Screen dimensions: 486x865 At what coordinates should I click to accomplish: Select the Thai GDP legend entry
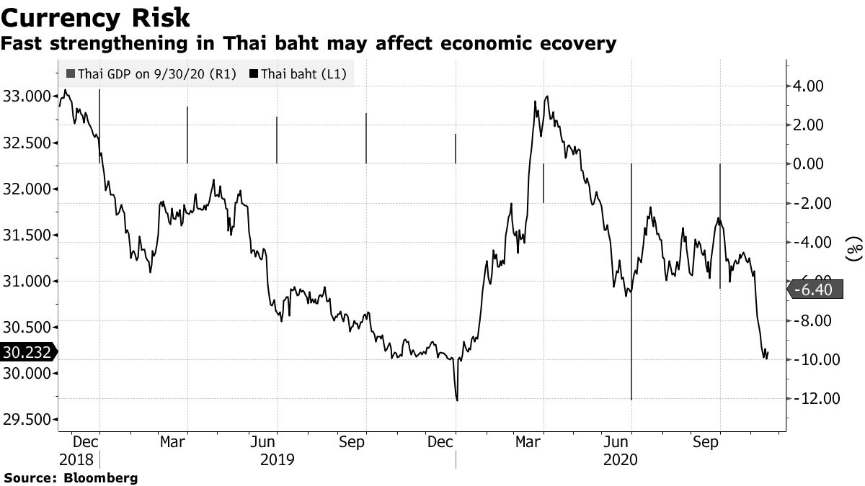tap(151, 73)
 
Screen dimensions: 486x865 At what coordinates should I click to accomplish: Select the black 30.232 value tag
tap(26, 352)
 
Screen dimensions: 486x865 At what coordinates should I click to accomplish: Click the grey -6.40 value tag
tap(815, 289)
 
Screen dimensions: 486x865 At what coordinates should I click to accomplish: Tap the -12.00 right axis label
tap(815, 398)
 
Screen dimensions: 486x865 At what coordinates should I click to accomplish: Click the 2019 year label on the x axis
tap(276, 459)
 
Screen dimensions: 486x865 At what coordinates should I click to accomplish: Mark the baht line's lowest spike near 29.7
tap(457, 400)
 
